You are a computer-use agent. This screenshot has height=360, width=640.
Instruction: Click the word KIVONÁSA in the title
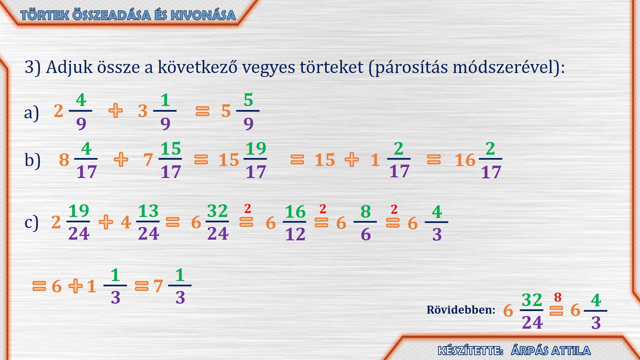pos(203,15)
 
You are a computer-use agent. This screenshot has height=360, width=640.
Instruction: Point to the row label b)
pos(32,160)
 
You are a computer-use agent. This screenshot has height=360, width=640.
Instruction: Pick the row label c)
pos(31,222)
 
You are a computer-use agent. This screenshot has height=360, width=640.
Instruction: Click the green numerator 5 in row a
pos(248,100)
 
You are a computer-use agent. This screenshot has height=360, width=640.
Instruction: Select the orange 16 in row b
pos(465,160)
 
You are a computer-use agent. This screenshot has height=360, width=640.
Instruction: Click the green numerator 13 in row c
pos(148,211)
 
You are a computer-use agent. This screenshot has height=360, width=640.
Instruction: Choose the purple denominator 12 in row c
pos(295,234)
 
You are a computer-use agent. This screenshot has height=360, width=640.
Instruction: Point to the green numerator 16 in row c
pos(295,212)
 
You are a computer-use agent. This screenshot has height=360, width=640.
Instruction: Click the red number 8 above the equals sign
pos(558,297)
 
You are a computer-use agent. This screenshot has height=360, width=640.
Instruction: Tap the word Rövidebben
pos(461,310)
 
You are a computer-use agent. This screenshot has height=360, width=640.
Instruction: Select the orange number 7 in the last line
pos(158,286)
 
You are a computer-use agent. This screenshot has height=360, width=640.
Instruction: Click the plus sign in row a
pos(116,111)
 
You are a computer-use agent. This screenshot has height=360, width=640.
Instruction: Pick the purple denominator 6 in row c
pos(366,234)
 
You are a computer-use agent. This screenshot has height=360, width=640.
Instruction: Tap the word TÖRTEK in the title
pos(45,15)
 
